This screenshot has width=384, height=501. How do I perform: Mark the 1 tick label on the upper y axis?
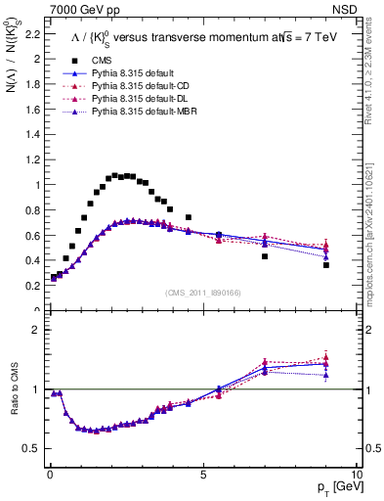click(36, 185)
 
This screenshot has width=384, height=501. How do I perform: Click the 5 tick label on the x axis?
click(202, 474)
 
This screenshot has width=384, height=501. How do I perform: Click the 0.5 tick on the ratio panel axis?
click(31, 448)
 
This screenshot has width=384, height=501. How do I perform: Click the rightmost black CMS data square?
click(326, 265)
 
